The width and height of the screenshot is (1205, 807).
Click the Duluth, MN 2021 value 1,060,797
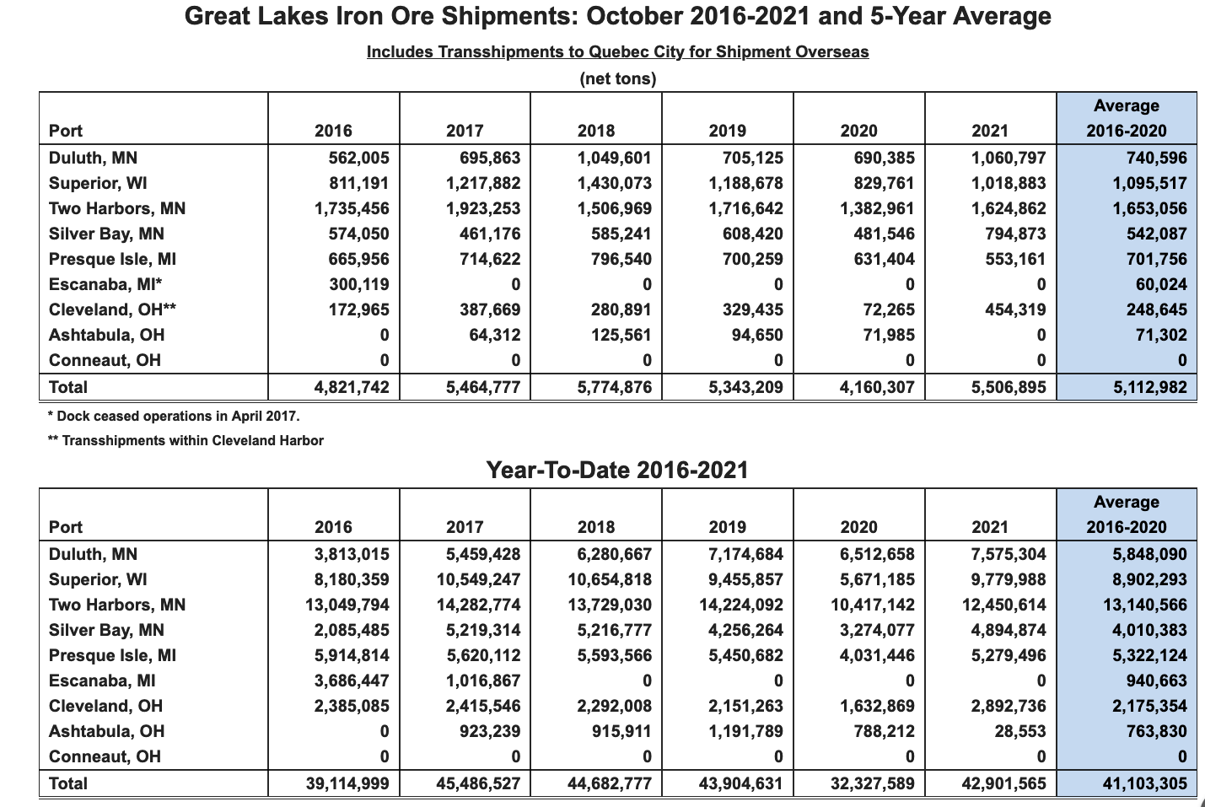pyautogui.click(x=1009, y=159)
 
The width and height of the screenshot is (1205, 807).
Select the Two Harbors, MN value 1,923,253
pyautogui.click(x=483, y=209)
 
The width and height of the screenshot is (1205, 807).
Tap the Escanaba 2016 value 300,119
pyautogui.click(x=359, y=285)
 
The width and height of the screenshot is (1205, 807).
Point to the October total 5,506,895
pyautogui.click(x=1009, y=387)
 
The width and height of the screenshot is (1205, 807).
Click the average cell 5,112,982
pyautogui.click(x=1149, y=387)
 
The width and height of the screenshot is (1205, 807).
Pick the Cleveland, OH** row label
pyautogui.click(x=112, y=309)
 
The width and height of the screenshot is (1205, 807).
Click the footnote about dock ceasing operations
pyautogui.click(x=173, y=417)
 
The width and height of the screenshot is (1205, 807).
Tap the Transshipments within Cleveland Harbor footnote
pyautogui.click(x=186, y=441)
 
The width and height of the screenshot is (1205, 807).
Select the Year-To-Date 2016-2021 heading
pyautogui.click(x=617, y=471)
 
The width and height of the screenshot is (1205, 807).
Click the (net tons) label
pyautogui.click(x=617, y=79)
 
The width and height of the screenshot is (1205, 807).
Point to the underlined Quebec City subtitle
pyautogui.click(x=617, y=51)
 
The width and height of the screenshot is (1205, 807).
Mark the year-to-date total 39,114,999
pyautogui.click(x=347, y=784)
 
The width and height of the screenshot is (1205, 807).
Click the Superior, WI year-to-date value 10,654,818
pyautogui.click(x=610, y=580)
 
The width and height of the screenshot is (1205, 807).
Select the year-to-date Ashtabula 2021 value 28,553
pyautogui.click(x=1020, y=732)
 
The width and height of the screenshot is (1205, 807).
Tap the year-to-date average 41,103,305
pyautogui.click(x=1145, y=784)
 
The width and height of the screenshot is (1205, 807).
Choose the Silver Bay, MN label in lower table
pyautogui.click(x=106, y=631)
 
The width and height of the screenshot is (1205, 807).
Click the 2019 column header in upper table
pyautogui.click(x=728, y=131)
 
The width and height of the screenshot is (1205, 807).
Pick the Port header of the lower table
pyautogui.click(x=66, y=527)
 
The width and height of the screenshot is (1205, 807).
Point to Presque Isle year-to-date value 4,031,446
pyautogui.click(x=877, y=656)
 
